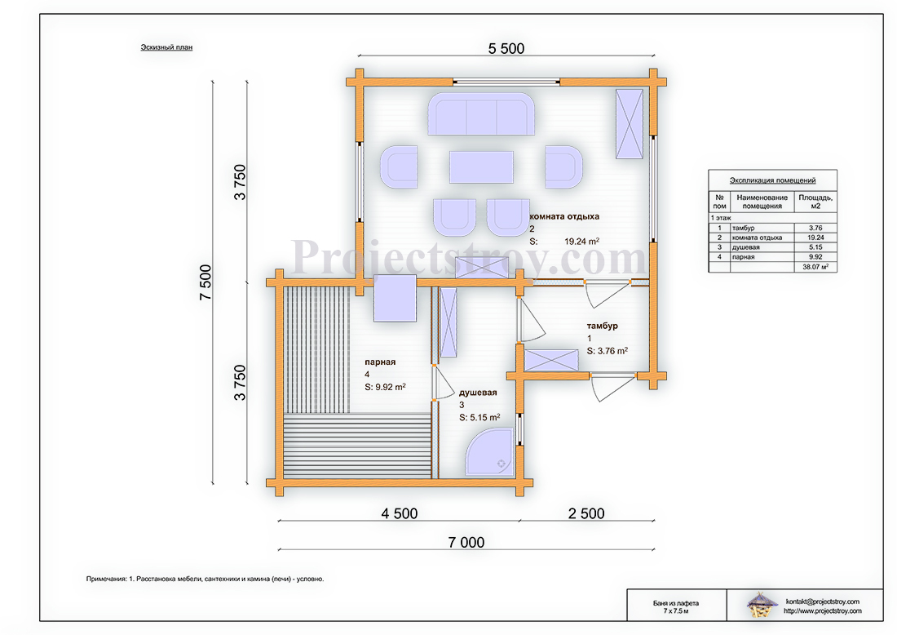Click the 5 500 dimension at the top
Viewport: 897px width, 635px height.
506,49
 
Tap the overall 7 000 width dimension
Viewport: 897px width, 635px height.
466,542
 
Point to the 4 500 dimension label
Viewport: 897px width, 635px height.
400,513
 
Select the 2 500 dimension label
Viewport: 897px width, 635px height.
586,513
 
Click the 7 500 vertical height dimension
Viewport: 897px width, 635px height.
206,282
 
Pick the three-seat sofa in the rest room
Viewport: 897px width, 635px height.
481,114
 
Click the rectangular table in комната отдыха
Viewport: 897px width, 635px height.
481,167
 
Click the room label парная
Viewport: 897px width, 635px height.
381,362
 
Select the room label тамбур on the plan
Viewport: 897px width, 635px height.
603,326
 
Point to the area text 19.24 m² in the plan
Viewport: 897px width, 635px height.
581,241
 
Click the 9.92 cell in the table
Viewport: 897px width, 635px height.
815,257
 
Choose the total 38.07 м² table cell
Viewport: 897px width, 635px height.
815,267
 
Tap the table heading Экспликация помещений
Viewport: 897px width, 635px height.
772,180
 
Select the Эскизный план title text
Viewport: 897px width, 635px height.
166,47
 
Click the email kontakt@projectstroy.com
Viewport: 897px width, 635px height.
823,602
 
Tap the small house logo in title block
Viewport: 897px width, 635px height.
762,605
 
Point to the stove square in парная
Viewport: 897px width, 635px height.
395,298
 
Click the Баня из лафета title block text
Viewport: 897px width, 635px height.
676,603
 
